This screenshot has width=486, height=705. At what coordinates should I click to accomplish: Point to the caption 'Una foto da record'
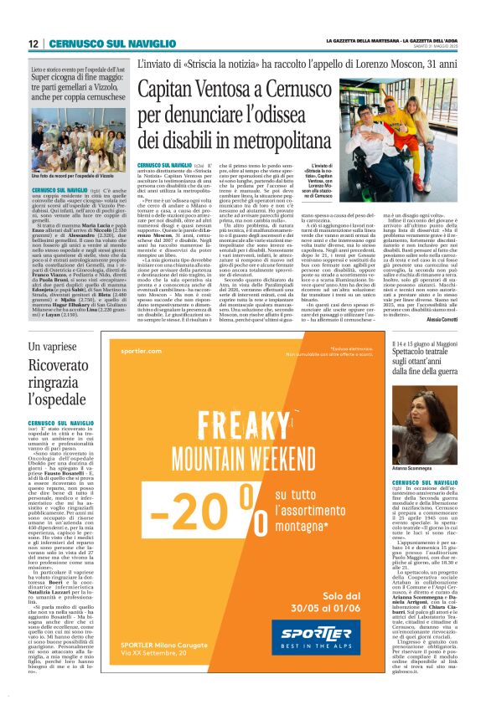pyautogui.click(x=65, y=178)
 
